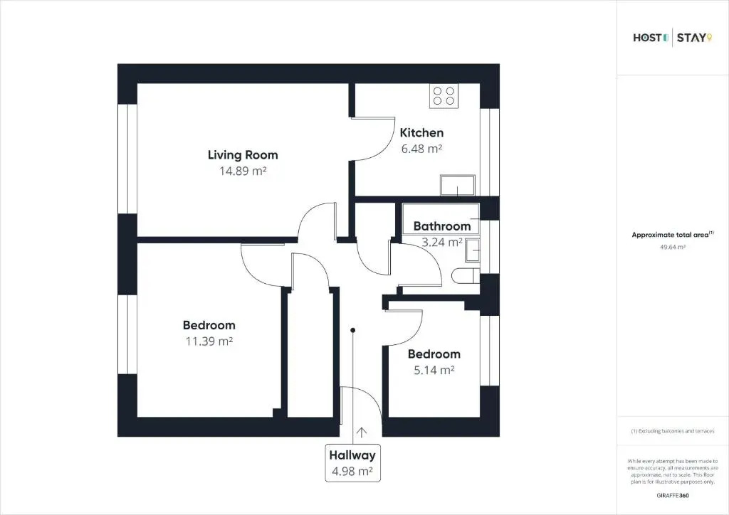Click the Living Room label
243,155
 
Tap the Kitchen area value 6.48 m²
421,149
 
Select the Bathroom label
441,226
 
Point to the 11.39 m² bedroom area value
209,341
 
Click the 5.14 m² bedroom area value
434,370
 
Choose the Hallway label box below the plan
352,463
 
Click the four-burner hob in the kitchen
444,96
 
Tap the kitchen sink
458,185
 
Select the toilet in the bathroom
466,275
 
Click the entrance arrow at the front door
361,432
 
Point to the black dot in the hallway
353,330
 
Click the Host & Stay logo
672,38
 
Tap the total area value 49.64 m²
673,247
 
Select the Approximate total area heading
672,235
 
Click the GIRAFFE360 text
673,496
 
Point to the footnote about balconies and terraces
673,431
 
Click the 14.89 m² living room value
243,171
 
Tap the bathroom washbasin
473,251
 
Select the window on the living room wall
127,159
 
